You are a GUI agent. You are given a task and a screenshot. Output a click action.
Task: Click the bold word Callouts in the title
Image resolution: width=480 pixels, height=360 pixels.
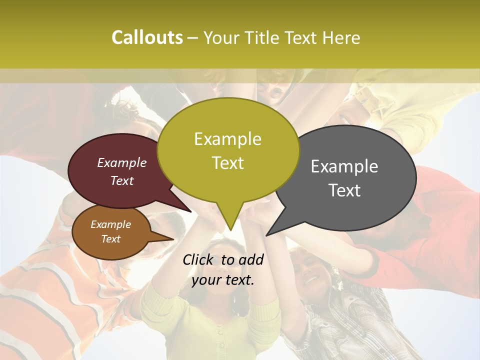coord(147,37)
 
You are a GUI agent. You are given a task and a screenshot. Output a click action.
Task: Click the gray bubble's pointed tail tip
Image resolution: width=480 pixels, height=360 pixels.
coord(267,235)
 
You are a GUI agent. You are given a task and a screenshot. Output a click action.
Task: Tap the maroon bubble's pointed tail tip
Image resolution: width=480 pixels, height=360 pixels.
coord(191,212)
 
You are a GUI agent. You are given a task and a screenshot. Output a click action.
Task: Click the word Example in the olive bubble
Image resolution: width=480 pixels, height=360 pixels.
coord(227,139)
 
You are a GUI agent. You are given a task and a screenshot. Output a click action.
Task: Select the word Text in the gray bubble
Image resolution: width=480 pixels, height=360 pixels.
coord(344,190)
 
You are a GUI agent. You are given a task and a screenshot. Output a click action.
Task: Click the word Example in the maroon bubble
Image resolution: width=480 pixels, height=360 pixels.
coord(121,163)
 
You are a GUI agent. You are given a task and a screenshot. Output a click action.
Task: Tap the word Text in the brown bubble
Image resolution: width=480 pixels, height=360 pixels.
coord(110,239)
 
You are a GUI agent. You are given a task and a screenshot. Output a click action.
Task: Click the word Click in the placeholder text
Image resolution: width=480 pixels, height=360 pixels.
coord(199,259)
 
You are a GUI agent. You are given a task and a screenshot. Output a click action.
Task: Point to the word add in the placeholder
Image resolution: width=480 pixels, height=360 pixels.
coord(250,259)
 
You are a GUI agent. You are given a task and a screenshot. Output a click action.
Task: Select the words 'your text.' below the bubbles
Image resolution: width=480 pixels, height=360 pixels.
coord(222,280)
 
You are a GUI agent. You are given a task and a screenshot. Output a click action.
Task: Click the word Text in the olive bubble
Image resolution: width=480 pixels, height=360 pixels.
coord(227,163)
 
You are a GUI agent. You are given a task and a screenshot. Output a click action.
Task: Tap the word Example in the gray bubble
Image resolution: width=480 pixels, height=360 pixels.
coord(344,166)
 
